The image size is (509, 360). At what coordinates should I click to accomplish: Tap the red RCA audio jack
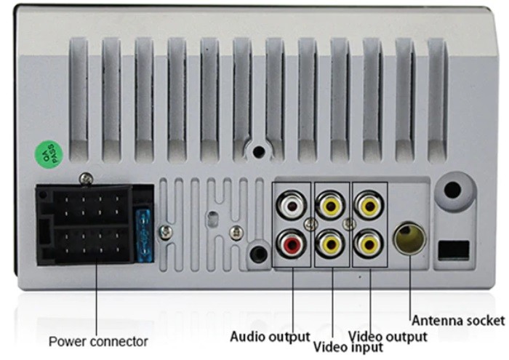click(x=292, y=244)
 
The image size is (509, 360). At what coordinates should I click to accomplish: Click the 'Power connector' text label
click(x=98, y=340)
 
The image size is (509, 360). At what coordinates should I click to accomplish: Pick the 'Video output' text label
click(x=388, y=336)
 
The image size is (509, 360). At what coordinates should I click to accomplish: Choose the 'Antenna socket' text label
click(x=458, y=320)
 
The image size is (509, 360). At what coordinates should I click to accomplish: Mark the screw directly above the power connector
click(x=86, y=177)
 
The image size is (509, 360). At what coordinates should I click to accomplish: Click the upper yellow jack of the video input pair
click(x=331, y=206)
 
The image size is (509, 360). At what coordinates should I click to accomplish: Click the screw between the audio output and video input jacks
click(x=311, y=225)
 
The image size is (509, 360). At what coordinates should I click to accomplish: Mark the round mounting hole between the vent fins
click(x=257, y=151)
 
